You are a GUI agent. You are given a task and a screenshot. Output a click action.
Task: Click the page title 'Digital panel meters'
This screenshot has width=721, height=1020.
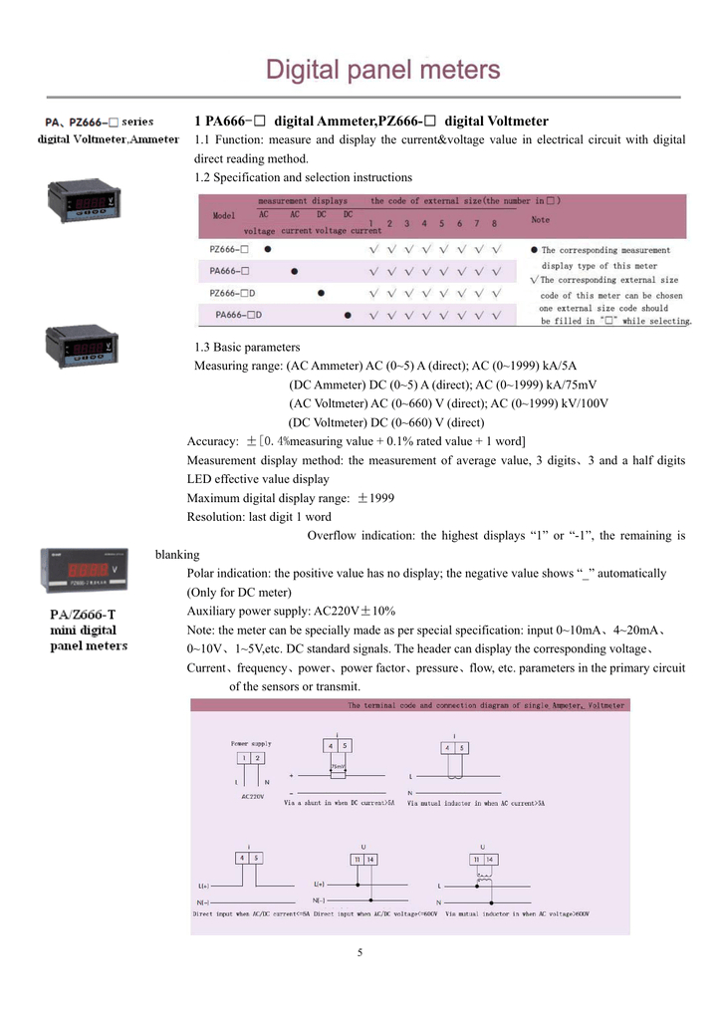click(382, 71)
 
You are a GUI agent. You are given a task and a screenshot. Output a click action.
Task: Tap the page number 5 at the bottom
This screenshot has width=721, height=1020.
click(360, 952)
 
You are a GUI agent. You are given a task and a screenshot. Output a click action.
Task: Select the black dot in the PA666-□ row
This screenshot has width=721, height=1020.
click(294, 271)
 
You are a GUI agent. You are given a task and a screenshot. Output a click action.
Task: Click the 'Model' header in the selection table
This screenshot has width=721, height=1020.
click(225, 215)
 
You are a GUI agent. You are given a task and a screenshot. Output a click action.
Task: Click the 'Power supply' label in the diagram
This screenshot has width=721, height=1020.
click(251, 743)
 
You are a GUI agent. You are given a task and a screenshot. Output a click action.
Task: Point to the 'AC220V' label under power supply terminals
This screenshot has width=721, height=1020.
click(252, 796)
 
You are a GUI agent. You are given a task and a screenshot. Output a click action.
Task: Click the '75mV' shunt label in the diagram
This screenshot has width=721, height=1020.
click(339, 766)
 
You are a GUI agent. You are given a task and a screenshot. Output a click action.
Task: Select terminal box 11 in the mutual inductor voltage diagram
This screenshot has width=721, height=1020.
click(477, 859)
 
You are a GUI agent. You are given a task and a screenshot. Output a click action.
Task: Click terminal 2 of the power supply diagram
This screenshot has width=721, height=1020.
click(258, 758)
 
